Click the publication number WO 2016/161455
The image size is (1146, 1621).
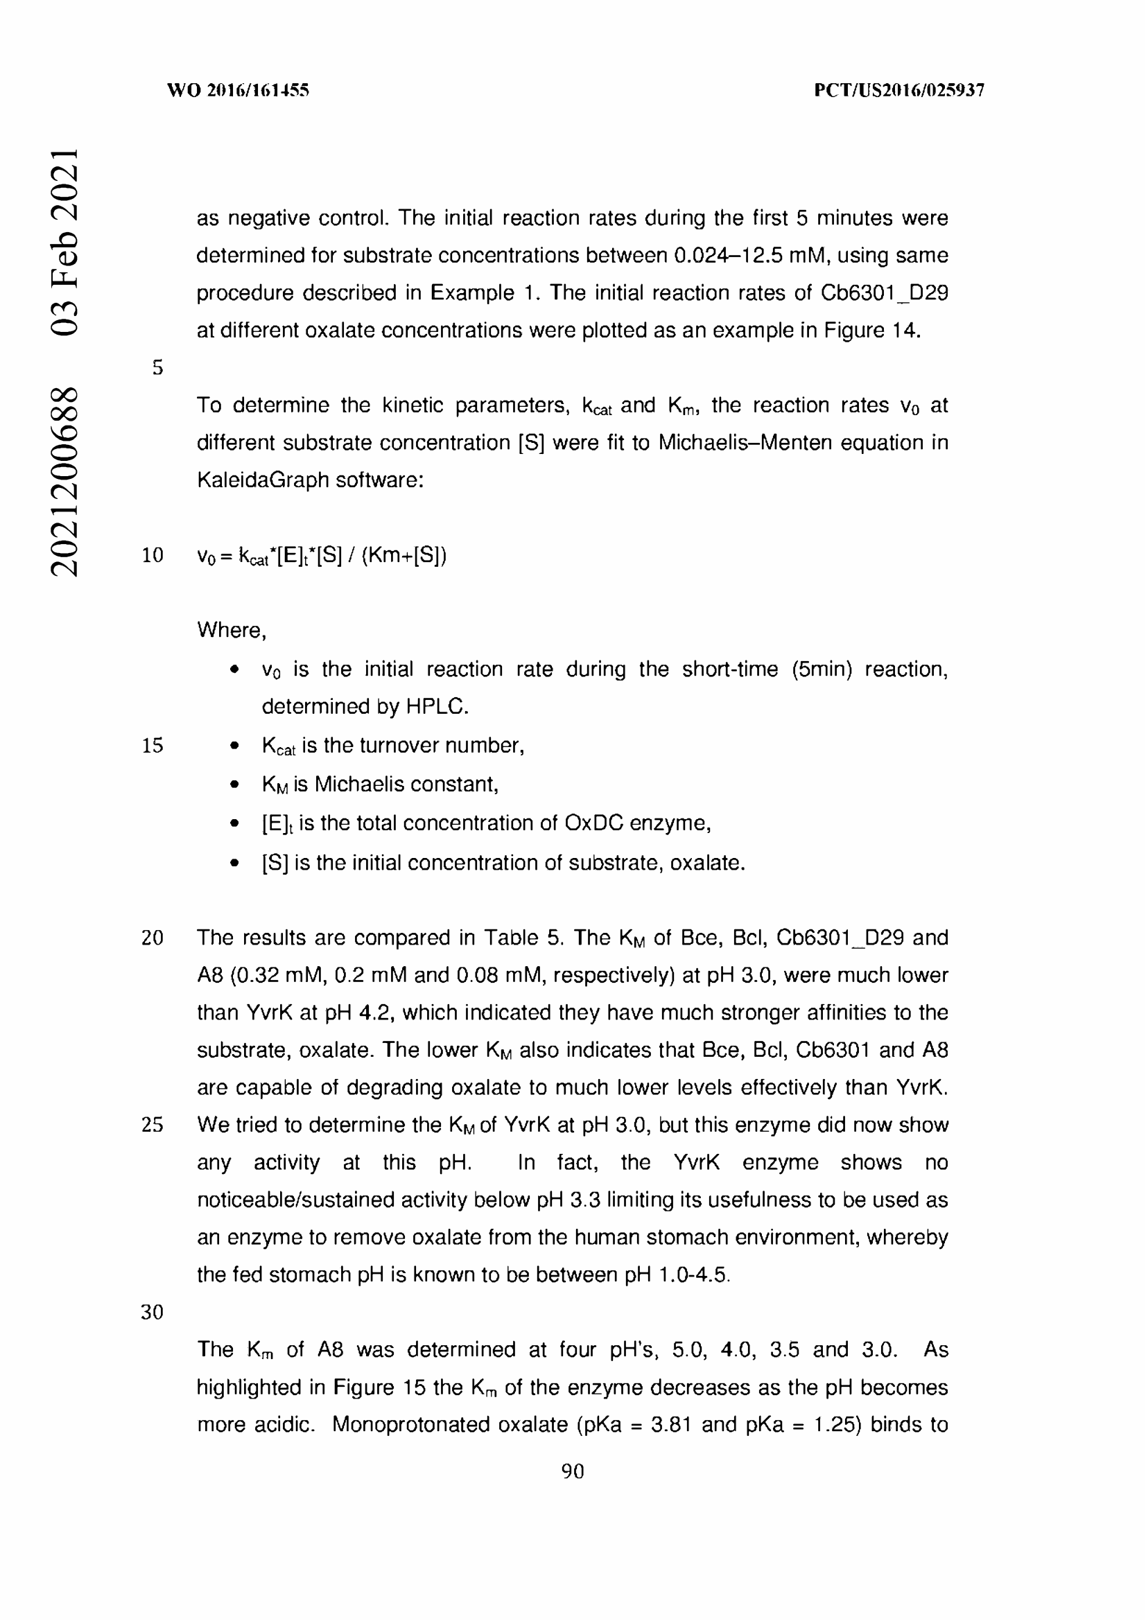(238, 90)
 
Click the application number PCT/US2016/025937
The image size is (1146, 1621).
(899, 90)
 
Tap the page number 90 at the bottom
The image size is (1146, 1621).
(573, 1471)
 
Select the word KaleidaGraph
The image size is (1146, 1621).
(263, 480)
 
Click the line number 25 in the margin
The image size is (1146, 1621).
(153, 1125)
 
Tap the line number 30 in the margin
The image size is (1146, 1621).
(153, 1312)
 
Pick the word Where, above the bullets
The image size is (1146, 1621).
(232, 630)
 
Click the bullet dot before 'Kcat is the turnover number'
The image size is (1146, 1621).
(234, 746)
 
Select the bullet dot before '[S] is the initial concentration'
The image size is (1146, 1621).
(234, 864)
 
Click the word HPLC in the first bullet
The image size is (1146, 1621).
(436, 707)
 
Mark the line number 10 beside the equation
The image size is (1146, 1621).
(153, 556)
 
